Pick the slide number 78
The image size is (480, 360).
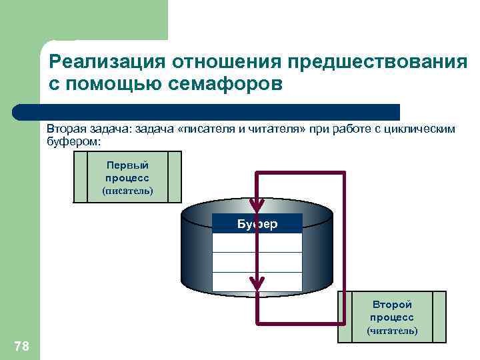pos(21,345)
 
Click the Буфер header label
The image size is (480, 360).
pos(257,224)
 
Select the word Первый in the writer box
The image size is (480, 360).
pos(127,165)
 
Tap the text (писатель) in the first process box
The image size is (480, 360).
pos(127,191)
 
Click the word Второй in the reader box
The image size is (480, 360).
pos(392,305)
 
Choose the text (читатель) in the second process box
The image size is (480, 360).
pos(392,331)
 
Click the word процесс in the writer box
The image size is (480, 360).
pos(127,178)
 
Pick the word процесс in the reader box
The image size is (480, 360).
pos(392,317)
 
